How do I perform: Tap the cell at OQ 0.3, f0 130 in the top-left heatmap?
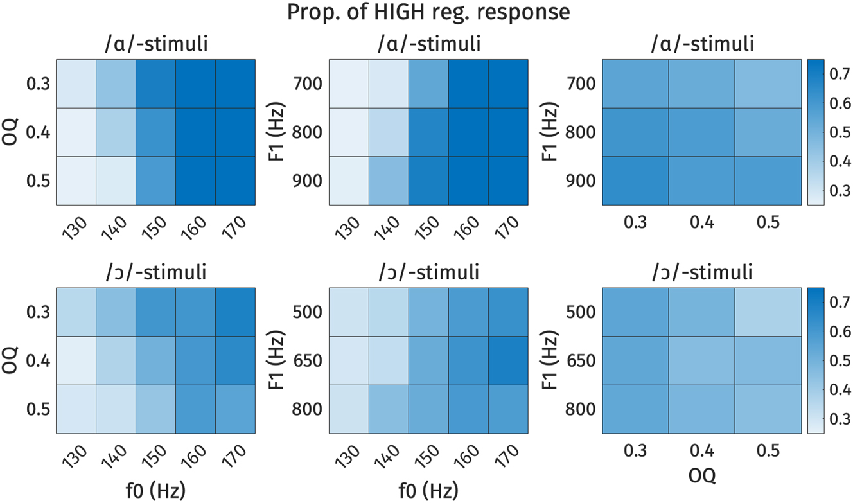pos(76,84)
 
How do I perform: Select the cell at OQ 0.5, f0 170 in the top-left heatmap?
pos(235,181)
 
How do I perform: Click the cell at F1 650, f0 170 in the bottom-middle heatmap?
pos(508,360)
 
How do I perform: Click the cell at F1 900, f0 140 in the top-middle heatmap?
pos(389,181)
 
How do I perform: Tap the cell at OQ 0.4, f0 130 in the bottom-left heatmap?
pos(76,360)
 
